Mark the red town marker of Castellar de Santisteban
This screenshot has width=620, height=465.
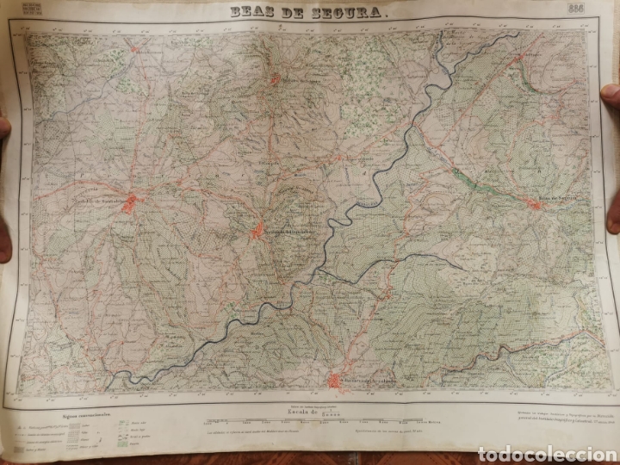[132, 204]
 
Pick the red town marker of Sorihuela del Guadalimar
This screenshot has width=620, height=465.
[258, 230]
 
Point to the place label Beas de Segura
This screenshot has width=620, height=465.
[551, 199]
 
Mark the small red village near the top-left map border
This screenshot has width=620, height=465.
[135, 49]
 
